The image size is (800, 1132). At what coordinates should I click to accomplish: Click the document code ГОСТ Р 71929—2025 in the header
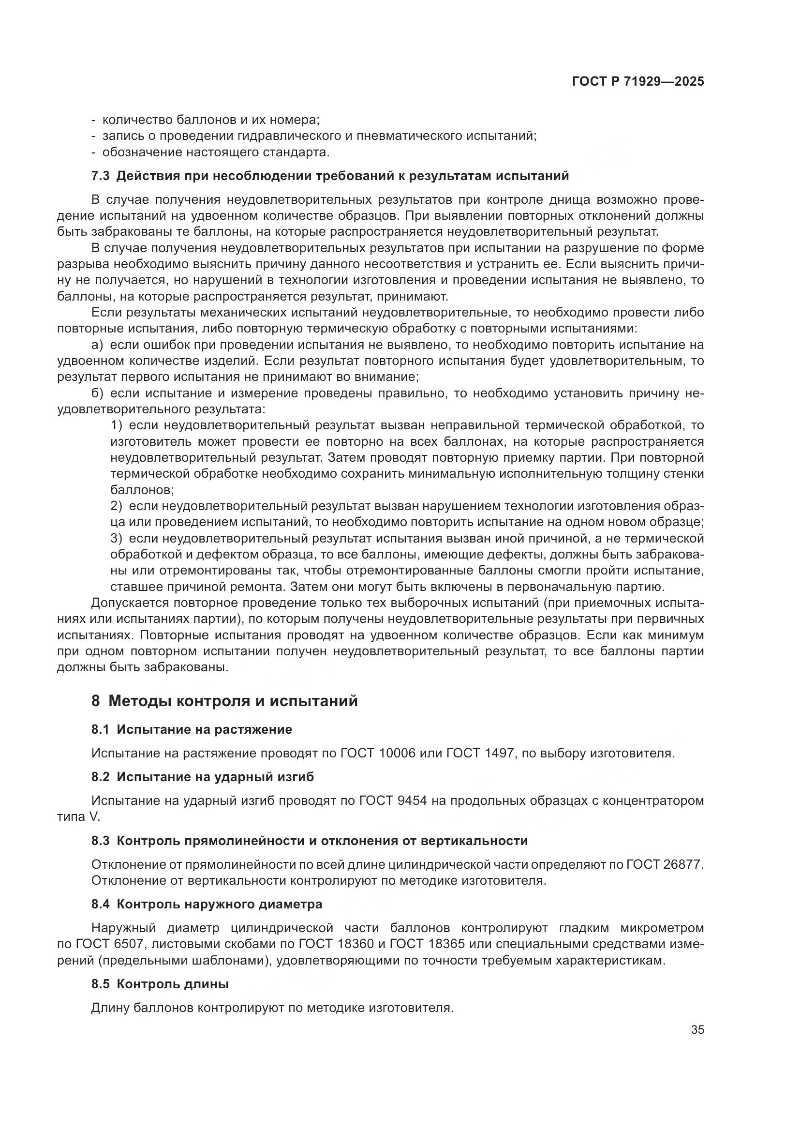point(638,81)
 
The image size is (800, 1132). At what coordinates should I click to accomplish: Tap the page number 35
point(697,1030)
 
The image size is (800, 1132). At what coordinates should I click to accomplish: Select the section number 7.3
point(101,176)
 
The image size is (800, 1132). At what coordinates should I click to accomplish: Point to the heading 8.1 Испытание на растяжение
point(192,729)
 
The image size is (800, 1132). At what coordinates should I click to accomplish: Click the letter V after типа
point(94,817)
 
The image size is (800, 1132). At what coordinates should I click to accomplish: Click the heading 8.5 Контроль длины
point(160,984)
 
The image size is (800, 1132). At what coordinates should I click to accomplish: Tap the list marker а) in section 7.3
point(97,345)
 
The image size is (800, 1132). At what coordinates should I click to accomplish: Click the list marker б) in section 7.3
point(97,393)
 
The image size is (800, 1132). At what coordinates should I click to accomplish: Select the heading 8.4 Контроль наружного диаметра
point(207,904)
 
